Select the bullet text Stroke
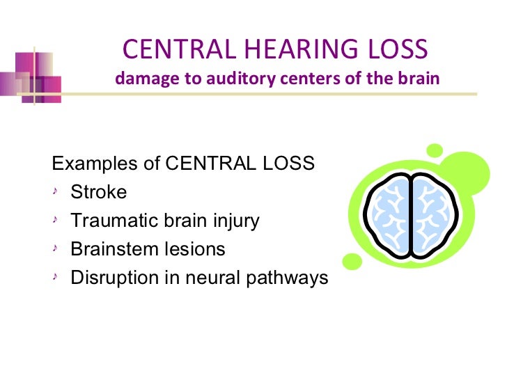99,193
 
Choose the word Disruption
112,278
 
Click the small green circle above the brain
435,150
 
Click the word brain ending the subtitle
421,78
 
